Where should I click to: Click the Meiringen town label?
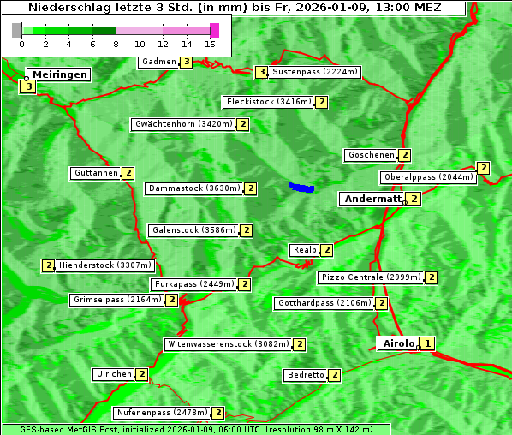pyautogui.click(x=60, y=74)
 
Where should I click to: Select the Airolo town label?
pyautogui.click(x=398, y=343)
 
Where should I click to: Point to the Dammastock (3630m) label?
pyautogui.click(x=193, y=188)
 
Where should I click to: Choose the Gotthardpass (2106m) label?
pyautogui.click(x=324, y=303)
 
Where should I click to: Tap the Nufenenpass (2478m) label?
pyautogui.click(x=162, y=413)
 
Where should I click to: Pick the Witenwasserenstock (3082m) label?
pyautogui.click(x=227, y=344)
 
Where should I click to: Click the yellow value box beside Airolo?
pyautogui.click(x=428, y=343)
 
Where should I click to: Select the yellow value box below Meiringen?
pyautogui.click(x=29, y=86)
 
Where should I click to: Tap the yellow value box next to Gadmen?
pyautogui.click(x=187, y=62)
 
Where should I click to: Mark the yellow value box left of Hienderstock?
pyautogui.click(x=49, y=265)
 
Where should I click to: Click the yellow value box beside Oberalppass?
pyautogui.click(x=484, y=168)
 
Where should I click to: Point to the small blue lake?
pyautogui.click(x=301, y=187)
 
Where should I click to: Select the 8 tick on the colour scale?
pyautogui.click(x=116, y=43)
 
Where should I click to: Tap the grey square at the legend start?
pyautogui.click(x=17, y=30)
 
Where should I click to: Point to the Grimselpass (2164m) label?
pyautogui.click(x=117, y=300)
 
